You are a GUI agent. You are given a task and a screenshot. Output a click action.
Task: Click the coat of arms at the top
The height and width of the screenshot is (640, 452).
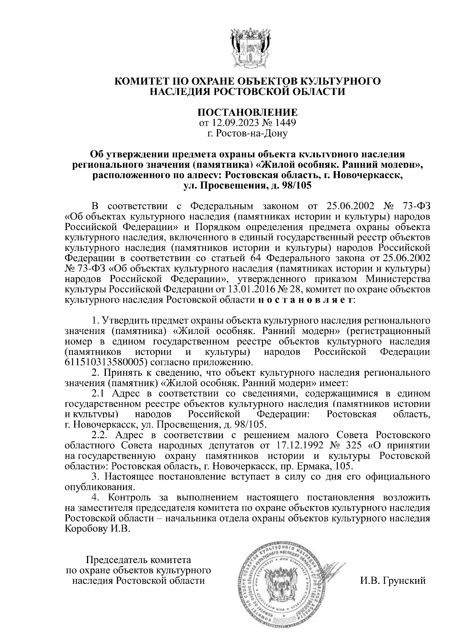[247, 47]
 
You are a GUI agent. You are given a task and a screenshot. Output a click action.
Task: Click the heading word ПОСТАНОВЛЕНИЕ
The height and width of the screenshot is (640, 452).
[247, 113]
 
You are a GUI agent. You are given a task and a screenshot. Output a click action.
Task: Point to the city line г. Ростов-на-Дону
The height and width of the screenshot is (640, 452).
[247, 133]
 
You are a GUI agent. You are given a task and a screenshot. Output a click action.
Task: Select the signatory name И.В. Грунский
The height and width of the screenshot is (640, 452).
[392, 580]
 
